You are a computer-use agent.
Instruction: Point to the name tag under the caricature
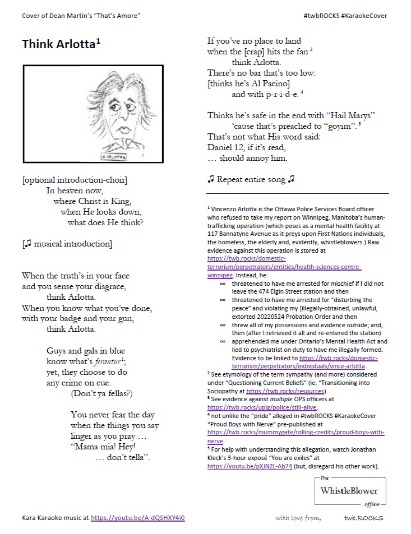coord(114,157)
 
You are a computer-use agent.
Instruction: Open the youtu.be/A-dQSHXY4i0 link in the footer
coord(137,518)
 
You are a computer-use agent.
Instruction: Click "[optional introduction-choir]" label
coord(75,179)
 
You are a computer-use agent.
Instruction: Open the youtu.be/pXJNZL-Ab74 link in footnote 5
coord(250,466)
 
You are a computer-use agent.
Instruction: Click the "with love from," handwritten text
coord(298,518)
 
